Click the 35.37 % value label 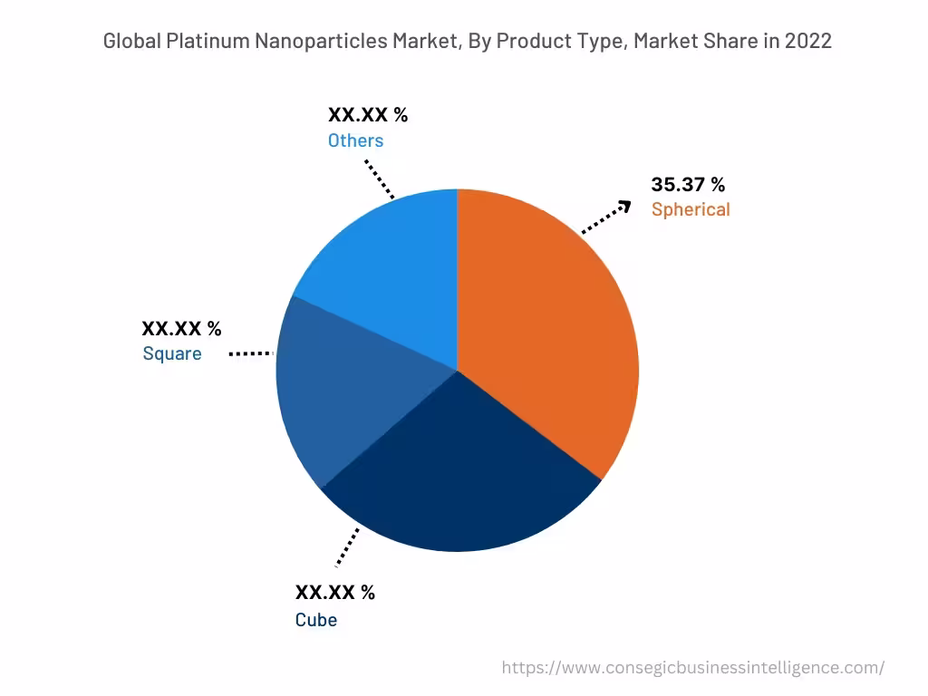[688, 185]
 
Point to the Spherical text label [690, 209]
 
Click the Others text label [355, 140]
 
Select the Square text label [172, 353]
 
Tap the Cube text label [315, 620]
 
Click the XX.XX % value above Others [367, 115]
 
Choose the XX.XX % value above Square [181, 328]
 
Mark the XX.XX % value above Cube [334, 593]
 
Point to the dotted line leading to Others [380, 179]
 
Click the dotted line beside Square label [250, 353]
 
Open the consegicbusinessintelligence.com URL [692, 667]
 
